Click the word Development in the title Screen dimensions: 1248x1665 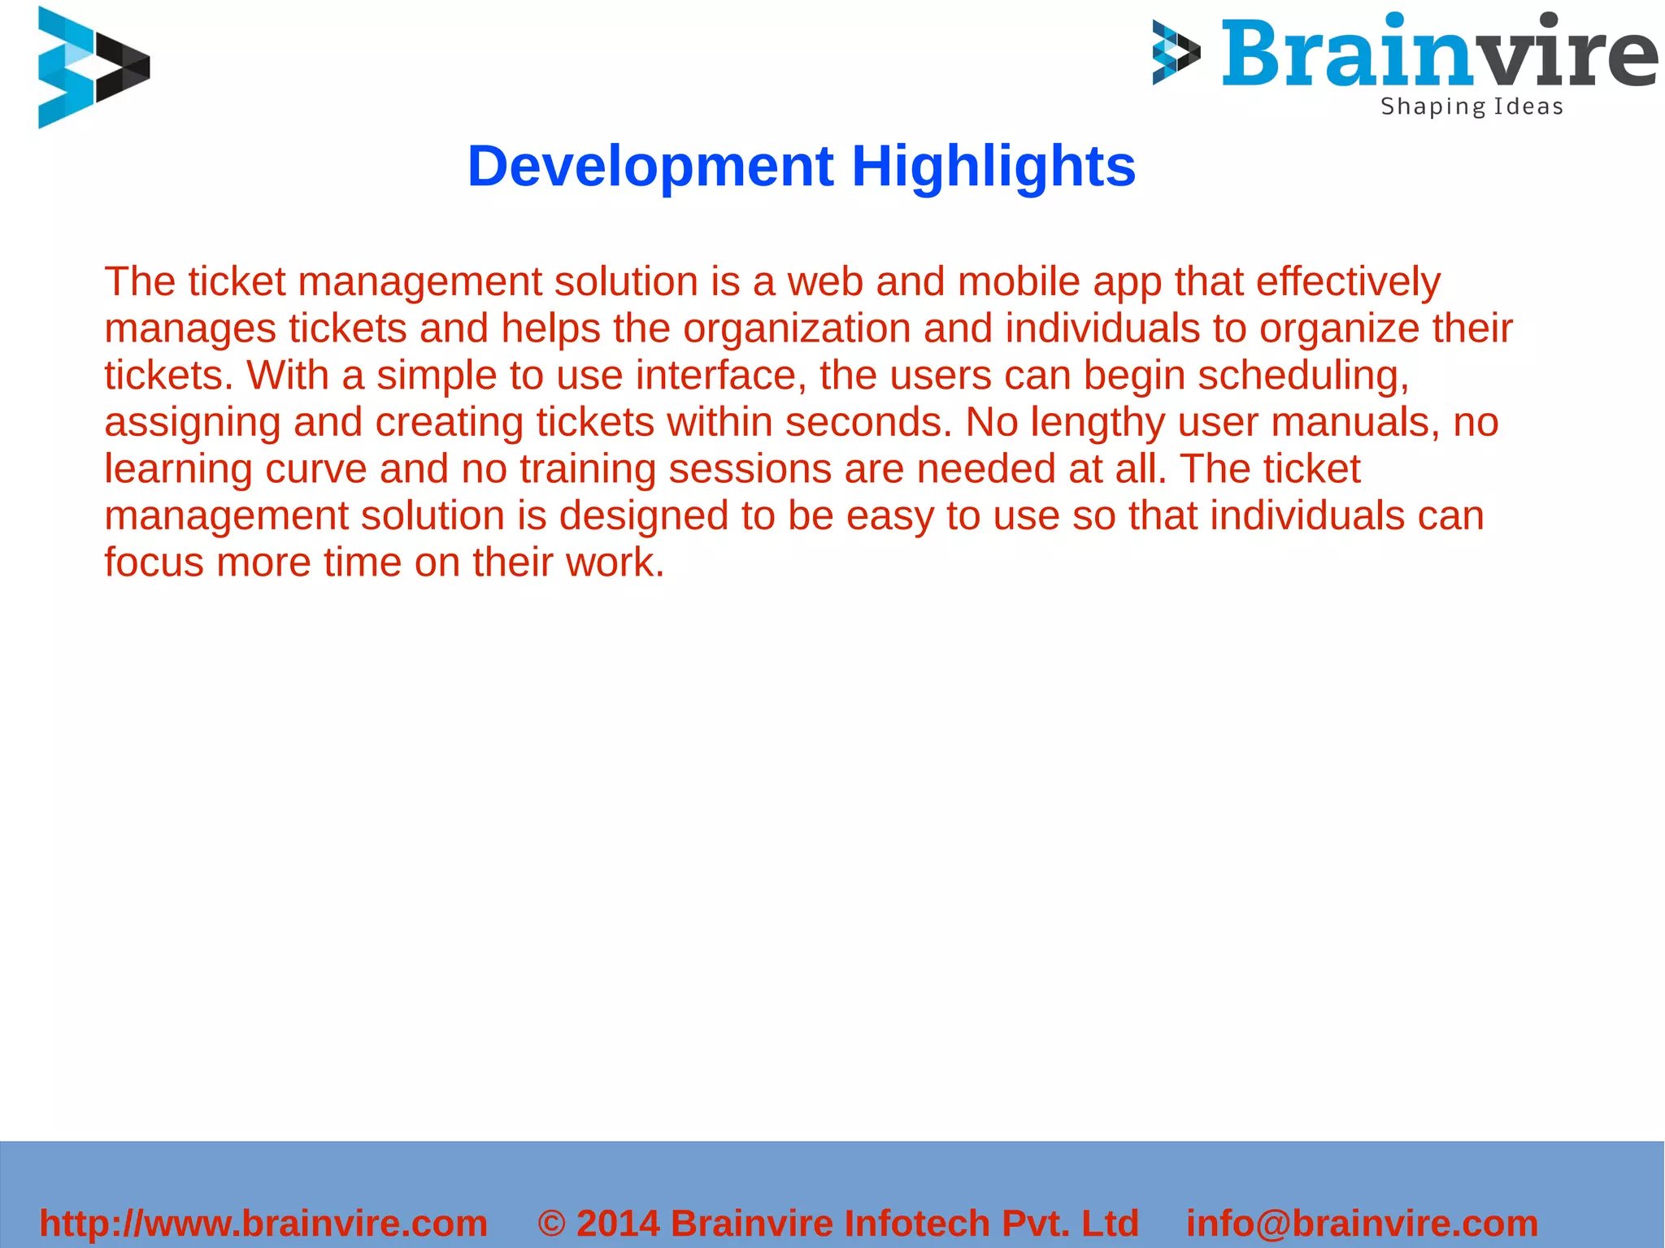(x=650, y=167)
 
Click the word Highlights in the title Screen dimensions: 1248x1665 (x=993, y=167)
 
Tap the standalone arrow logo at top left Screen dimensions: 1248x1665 (x=93, y=67)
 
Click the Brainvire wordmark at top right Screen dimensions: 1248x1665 (x=1438, y=54)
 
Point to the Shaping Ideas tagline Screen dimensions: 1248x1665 (x=1472, y=107)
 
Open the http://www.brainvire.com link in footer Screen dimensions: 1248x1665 (x=263, y=1224)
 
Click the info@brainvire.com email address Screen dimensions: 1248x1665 (x=1362, y=1224)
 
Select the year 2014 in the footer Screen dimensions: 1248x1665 (x=618, y=1224)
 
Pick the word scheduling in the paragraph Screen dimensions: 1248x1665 (x=1303, y=376)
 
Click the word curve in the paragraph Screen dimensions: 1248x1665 (x=316, y=469)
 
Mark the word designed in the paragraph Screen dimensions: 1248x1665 (x=643, y=516)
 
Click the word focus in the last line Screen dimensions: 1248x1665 (x=154, y=563)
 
